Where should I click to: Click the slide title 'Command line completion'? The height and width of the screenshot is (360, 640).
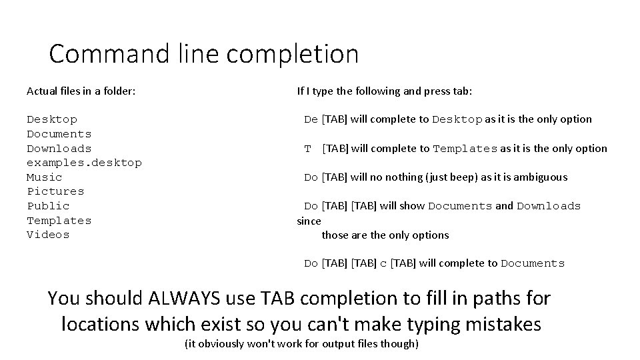203,54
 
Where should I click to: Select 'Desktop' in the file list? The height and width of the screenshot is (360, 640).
52,119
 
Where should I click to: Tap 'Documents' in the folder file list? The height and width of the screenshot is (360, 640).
59,134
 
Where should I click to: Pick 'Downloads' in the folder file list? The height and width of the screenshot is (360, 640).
59,149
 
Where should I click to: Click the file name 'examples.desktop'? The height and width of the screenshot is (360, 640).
84,163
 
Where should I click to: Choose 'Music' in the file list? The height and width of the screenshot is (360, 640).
44,177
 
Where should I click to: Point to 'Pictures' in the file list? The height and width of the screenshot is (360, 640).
55,191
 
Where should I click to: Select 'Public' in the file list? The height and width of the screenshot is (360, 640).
48,206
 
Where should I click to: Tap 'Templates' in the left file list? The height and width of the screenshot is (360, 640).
59,221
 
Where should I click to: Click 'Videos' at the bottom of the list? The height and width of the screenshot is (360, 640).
48,235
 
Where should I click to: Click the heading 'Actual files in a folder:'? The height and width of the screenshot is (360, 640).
81,91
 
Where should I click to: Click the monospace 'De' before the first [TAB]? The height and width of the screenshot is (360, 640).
311,120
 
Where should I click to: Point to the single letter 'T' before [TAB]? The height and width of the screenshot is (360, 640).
308,149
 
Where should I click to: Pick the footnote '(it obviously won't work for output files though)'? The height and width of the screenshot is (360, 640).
301,344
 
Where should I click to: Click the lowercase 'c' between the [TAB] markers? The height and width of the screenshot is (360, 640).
383,264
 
